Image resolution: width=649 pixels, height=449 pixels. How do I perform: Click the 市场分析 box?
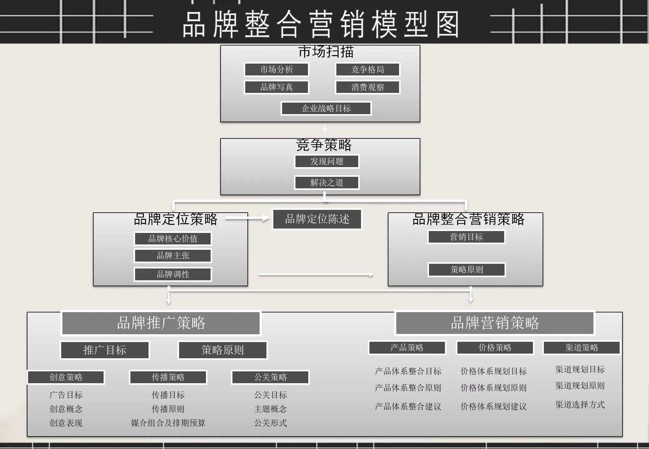(x=276, y=70)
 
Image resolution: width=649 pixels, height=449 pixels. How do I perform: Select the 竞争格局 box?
(x=368, y=70)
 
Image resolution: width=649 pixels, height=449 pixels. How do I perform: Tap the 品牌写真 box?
(x=276, y=87)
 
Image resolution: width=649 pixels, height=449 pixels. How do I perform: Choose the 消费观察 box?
(x=368, y=87)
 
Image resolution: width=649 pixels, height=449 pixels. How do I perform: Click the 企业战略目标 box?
(x=326, y=109)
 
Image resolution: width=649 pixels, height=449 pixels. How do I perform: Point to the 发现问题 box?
(x=327, y=162)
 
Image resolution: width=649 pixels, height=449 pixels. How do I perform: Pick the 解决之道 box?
(x=327, y=182)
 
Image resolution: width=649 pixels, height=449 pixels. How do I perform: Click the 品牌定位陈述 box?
(x=317, y=219)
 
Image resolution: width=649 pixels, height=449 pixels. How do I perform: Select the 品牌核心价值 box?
(x=173, y=239)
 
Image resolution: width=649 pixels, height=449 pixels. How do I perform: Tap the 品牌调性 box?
(x=173, y=274)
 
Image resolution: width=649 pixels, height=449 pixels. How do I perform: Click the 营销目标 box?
(x=466, y=237)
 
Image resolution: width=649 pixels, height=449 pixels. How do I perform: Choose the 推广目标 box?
(x=105, y=350)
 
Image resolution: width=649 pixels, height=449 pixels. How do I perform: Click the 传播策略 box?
(x=168, y=377)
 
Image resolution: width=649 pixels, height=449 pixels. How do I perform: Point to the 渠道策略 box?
(x=582, y=348)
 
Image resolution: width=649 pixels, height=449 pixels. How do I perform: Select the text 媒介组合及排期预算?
(x=168, y=423)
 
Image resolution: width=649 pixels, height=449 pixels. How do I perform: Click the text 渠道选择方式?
(x=580, y=405)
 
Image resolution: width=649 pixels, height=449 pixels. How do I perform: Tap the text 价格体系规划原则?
(x=494, y=388)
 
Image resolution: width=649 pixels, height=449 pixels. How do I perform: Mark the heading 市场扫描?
(x=326, y=52)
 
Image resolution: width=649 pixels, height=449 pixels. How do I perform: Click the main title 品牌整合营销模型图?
(x=321, y=24)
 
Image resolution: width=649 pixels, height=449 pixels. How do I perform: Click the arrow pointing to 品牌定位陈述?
(x=247, y=218)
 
